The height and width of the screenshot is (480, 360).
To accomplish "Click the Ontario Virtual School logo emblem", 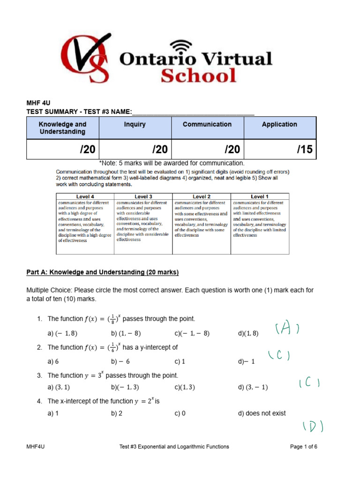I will click(x=87, y=60).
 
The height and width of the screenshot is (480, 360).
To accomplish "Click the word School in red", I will click(x=198, y=75).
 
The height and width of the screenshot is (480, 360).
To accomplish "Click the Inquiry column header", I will click(x=135, y=124).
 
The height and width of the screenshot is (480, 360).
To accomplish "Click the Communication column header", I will click(x=207, y=124).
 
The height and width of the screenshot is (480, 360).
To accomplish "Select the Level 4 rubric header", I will click(x=85, y=196).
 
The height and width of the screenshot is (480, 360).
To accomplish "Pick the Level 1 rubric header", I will click(x=260, y=196).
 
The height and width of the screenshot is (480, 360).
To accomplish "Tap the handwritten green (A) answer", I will click(x=287, y=330).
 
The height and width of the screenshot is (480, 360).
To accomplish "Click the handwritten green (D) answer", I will click(x=313, y=426).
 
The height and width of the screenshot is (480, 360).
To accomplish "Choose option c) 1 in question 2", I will click(x=180, y=361).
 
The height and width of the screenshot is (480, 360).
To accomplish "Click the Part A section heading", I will click(x=103, y=272).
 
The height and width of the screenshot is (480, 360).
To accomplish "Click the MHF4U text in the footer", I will click(x=35, y=447).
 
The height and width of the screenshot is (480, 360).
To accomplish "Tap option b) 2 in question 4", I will click(x=117, y=413).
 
